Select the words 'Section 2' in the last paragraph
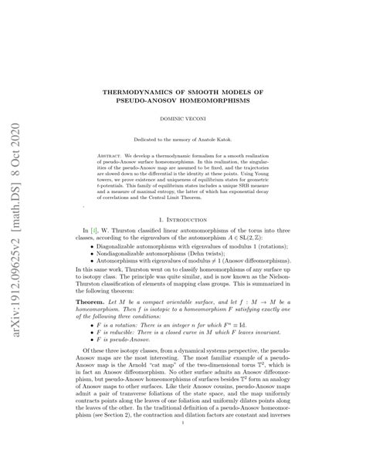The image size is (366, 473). tap(124, 457)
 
